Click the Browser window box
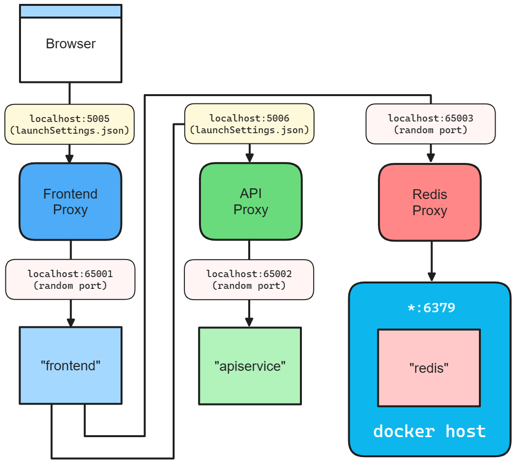71,49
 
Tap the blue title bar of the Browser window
71,11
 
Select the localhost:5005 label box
69,124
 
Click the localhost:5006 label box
249,124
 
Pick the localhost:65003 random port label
430,124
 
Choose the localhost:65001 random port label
70,280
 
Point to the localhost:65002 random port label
249,280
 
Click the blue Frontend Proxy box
70,201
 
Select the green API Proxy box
251,201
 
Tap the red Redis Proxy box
430,202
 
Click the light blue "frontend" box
70,365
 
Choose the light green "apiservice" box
250,366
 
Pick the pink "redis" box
429,368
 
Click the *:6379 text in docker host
431,308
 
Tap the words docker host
429,431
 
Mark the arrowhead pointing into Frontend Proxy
69,159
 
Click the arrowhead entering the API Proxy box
250,158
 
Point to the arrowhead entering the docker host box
432,276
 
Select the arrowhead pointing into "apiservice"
249,322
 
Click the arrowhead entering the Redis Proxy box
431,158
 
